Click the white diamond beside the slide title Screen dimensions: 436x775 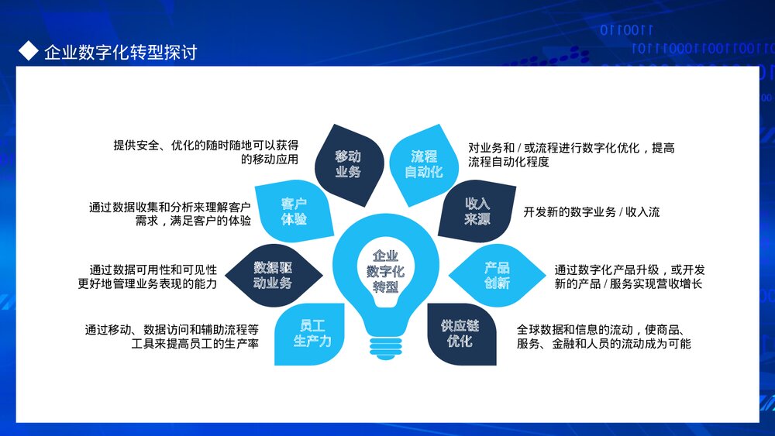coord(28,51)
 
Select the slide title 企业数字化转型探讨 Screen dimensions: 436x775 coord(120,53)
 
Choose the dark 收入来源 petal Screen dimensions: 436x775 coord(477,211)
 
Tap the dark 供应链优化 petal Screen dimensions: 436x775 coord(460,333)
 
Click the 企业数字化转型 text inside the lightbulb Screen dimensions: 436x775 coord(385,270)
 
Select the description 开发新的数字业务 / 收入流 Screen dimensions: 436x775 coord(591,211)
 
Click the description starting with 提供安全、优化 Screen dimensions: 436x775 coord(206,153)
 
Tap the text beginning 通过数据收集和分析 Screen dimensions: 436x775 coord(170,215)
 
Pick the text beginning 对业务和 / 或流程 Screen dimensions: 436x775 coord(570,154)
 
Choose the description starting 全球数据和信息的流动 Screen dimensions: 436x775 coord(604,335)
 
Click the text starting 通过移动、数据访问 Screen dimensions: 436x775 coord(171,335)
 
